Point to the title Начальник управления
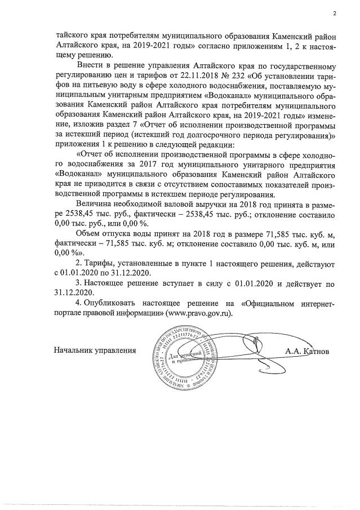coord(95,351)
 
